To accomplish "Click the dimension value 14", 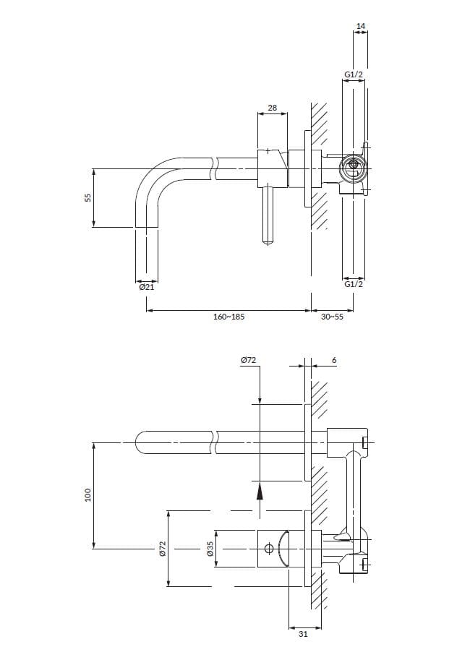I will (x=361, y=26).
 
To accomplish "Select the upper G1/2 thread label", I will (x=354, y=74).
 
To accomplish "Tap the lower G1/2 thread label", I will (x=354, y=284).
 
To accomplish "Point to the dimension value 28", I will (x=272, y=108).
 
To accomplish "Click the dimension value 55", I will (x=88, y=197).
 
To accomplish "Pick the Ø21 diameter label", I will (x=146, y=287).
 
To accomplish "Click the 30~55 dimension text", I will (x=332, y=317).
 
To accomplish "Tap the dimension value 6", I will (x=334, y=360).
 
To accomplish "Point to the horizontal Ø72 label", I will (x=249, y=360).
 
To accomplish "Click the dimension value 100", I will (x=88, y=495).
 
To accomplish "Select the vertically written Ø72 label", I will (x=163, y=549).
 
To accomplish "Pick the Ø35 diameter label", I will (x=210, y=549).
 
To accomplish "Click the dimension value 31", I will (x=304, y=634).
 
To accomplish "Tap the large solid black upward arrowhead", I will (x=259, y=492).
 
